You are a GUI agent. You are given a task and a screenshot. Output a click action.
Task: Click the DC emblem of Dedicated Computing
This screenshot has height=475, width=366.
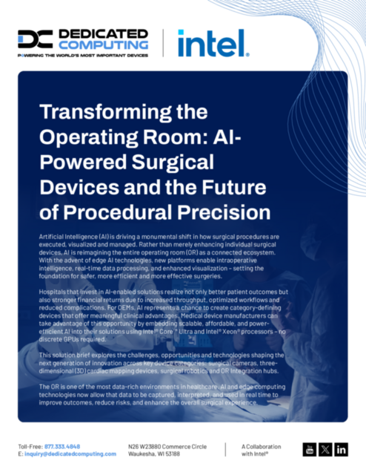pyautogui.click(x=35, y=39)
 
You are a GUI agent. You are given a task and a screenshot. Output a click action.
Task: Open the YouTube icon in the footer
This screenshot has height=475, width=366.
pyautogui.click(x=310, y=449)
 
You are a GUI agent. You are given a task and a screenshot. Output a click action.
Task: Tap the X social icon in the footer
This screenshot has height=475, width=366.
pyautogui.click(x=325, y=449)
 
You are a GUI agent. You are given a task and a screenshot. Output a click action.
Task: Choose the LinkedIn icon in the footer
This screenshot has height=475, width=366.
pyautogui.click(x=341, y=449)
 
